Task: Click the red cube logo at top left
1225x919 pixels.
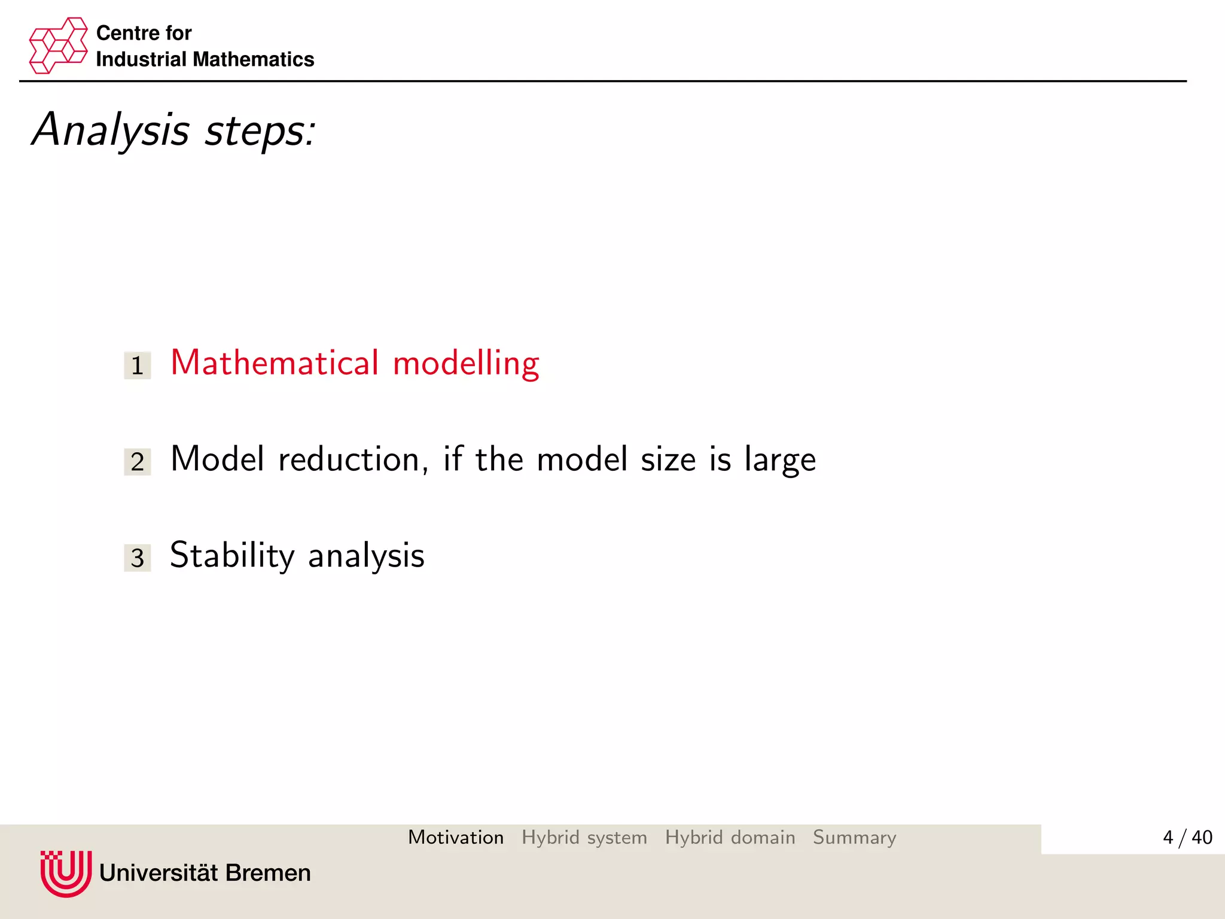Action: tap(58, 45)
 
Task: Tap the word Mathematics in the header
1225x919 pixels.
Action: tap(254, 59)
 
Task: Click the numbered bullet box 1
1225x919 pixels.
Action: tap(138, 366)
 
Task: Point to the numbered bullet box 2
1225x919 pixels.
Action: tap(138, 462)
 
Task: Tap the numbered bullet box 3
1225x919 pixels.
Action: tap(138, 558)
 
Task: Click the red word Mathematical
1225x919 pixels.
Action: tap(275, 363)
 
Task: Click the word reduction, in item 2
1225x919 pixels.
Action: tap(353, 459)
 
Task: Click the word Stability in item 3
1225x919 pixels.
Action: tap(232, 556)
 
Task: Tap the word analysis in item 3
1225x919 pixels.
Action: tap(366, 556)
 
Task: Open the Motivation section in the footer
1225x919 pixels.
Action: tap(456, 837)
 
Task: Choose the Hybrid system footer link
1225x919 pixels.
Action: tap(584, 838)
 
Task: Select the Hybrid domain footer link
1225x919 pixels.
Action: tap(730, 837)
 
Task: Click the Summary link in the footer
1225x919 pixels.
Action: tap(854, 838)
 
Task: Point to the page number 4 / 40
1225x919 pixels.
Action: tap(1187, 837)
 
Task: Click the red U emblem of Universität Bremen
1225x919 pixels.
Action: tap(66, 873)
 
